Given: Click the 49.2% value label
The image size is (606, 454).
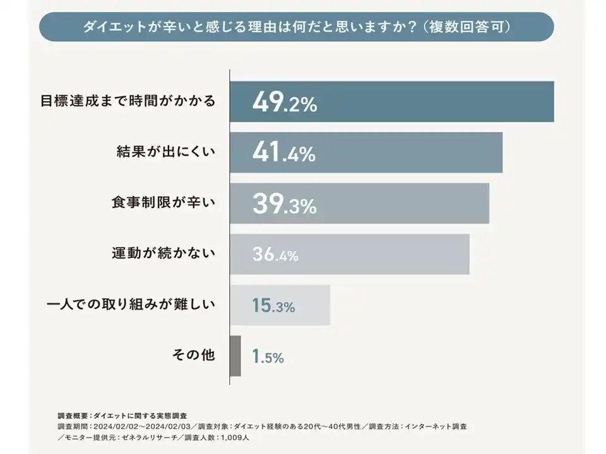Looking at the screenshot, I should click(x=284, y=103).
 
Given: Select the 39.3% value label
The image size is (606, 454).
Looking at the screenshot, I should click(x=284, y=204).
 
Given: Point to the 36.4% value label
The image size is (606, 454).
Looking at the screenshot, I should click(x=275, y=255).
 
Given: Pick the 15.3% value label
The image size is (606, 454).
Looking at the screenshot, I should click(x=273, y=306).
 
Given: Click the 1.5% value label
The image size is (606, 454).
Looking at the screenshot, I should click(x=268, y=357).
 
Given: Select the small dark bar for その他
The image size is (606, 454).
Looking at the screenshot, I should click(x=235, y=356).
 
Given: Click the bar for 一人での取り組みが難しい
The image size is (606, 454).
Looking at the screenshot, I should click(x=280, y=305).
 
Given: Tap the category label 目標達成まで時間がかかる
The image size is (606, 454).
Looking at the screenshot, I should click(x=128, y=101).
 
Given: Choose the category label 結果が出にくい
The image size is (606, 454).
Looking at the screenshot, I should click(x=166, y=152).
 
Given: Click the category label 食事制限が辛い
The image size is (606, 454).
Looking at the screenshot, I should click(x=163, y=202).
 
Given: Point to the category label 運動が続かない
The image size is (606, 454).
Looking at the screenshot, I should click(x=163, y=253).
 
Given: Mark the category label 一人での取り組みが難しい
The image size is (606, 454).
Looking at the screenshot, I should click(x=131, y=305).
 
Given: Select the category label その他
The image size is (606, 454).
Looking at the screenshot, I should click(x=194, y=355).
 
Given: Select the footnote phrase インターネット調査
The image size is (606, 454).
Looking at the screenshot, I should click(x=436, y=427).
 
